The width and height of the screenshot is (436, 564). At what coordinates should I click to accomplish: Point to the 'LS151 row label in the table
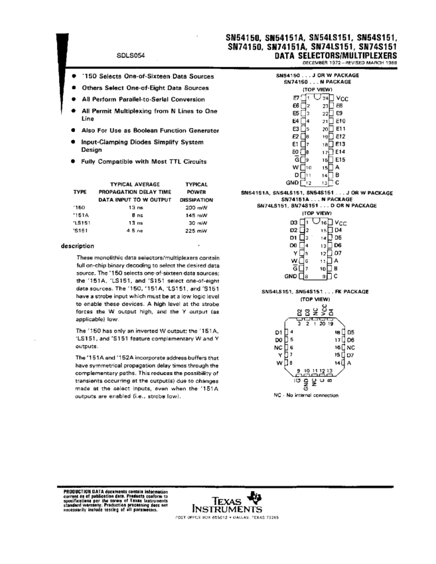[82, 224]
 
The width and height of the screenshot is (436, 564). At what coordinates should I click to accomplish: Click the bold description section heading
[77, 246]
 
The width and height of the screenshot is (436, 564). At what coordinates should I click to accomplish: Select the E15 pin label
[340, 159]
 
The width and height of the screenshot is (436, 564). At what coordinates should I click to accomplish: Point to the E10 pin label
[340, 121]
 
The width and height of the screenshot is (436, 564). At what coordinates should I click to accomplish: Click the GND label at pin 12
[292, 182]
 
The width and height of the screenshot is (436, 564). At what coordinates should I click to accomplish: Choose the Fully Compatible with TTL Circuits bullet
[143, 161]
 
